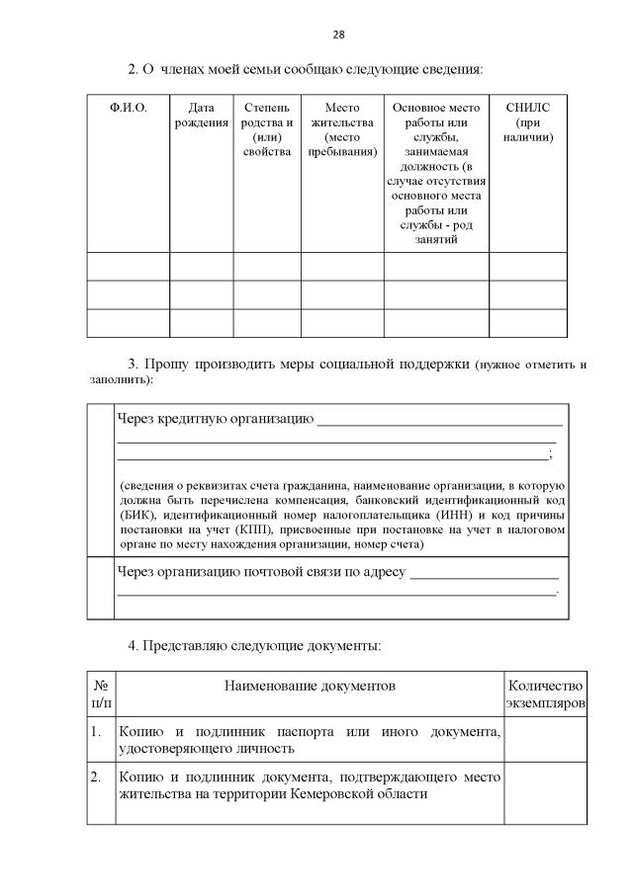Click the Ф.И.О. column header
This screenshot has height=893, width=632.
128,107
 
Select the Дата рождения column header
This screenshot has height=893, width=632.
201,114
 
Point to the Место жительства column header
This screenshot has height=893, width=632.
342,128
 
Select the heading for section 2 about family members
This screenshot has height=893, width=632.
306,69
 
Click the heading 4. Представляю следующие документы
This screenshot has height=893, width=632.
254,645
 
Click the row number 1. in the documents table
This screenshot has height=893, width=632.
96,732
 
